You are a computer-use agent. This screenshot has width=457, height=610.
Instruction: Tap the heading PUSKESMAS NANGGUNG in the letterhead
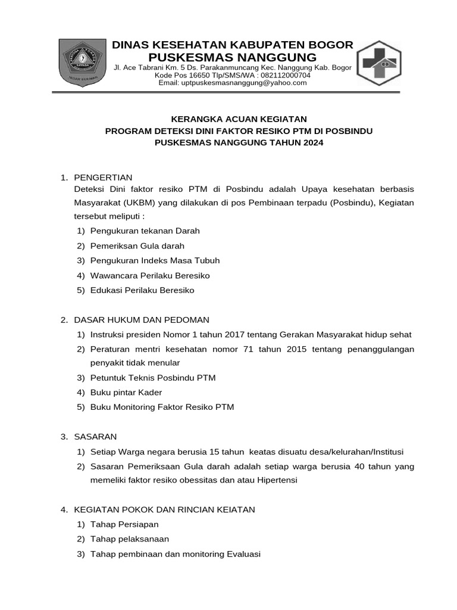(x=233, y=57)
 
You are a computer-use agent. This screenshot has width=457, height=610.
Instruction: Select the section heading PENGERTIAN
(x=103, y=178)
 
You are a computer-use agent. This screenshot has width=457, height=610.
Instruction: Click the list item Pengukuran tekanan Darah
(x=145, y=231)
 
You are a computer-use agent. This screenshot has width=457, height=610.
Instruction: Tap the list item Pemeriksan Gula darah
(x=137, y=245)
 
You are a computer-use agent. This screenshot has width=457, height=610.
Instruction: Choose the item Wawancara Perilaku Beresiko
(x=150, y=276)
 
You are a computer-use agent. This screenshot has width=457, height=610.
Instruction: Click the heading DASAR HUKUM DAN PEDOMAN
(x=141, y=320)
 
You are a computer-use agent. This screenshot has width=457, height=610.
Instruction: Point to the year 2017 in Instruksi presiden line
(x=237, y=335)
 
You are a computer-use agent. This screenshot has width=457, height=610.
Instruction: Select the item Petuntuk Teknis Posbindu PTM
(x=153, y=378)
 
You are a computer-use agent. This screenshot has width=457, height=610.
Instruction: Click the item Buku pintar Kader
(x=126, y=393)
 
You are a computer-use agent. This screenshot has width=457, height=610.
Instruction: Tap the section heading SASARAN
(x=95, y=437)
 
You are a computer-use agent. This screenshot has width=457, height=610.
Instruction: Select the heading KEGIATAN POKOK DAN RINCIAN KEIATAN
(x=164, y=509)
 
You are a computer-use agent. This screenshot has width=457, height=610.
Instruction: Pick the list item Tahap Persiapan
(x=124, y=524)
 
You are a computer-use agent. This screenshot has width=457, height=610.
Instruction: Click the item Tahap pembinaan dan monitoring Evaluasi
(x=176, y=554)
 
